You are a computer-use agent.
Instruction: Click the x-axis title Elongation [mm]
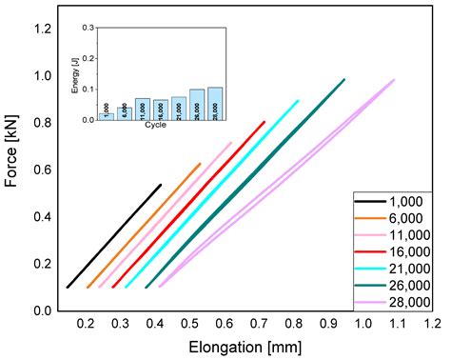click(247, 347)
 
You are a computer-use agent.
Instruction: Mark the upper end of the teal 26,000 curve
click(343, 79)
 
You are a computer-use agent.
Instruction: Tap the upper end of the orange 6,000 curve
click(200, 164)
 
